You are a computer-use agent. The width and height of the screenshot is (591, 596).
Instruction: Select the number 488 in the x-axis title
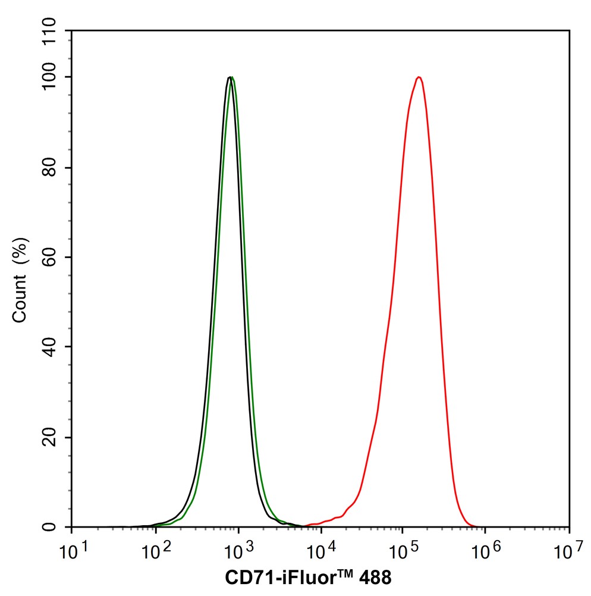[375, 578]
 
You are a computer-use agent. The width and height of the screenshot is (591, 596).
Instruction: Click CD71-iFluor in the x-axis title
[276, 578]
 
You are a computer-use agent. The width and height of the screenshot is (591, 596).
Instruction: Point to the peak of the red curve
[419, 77]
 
